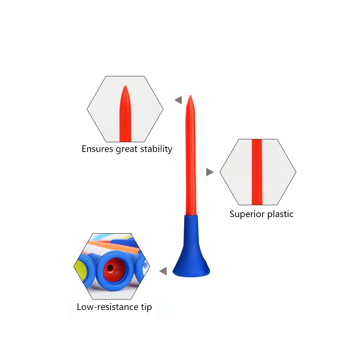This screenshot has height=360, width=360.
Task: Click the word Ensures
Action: [98, 149]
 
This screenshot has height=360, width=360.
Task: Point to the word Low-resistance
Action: [108, 307]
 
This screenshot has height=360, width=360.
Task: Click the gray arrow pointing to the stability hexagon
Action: [179, 100]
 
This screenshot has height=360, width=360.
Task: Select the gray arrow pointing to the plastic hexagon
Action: [210, 172]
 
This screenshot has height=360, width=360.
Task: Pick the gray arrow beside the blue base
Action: [163, 271]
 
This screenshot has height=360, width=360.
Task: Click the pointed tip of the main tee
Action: [190, 95]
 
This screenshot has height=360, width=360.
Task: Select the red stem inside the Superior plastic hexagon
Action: [257, 172]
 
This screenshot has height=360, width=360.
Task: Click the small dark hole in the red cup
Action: [110, 268]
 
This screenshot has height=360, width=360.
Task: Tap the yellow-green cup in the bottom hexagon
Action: [81, 270]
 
